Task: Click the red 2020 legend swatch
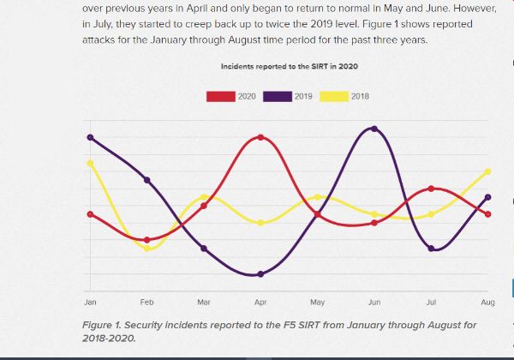[x=220, y=96]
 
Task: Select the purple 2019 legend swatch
[x=277, y=96]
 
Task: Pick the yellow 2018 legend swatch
[x=334, y=96]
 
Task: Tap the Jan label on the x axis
[x=90, y=303]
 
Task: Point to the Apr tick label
[x=260, y=303]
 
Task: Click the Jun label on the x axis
[x=374, y=303]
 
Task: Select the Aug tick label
[x=487, y=303]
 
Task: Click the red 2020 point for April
[x=260, y=137]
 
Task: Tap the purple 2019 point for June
[x=374, y=129]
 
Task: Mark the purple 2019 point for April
[x=260, y=274]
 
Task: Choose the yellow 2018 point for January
[x=90, y=163]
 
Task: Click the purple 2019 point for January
[x=90, y=137]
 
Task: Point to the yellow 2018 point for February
[x=147, y=249]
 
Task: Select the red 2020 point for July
[x=431, y=189]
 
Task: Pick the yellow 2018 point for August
[x=487, y=171]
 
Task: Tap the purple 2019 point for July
[x=431, y=249]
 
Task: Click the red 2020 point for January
[x=90, y=214]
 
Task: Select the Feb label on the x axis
[x=147, y=303]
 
